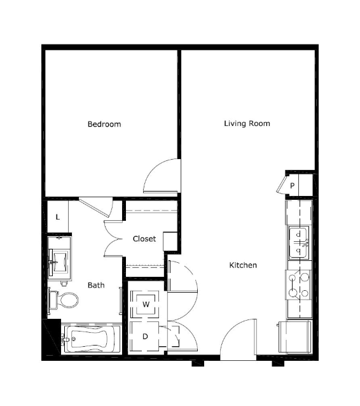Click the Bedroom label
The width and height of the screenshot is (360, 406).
point(104,124)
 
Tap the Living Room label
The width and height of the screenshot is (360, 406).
point(247,123)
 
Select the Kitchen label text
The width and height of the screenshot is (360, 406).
point(243,265)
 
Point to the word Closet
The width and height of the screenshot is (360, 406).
point(144,239)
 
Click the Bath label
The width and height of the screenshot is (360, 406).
point(96,285)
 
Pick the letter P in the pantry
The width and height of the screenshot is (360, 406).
point(292,186)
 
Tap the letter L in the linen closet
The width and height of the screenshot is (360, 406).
point(58,217)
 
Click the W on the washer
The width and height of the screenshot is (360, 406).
point(146,304)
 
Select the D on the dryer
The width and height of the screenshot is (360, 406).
point(145,337)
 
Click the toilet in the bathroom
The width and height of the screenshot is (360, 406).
point(64,300)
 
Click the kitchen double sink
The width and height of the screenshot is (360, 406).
point(299,242)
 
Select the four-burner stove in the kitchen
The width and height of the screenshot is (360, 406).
point(298,285)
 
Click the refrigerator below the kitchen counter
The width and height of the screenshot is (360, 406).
point(295,337)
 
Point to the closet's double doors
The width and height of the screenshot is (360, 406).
point(113,239)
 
